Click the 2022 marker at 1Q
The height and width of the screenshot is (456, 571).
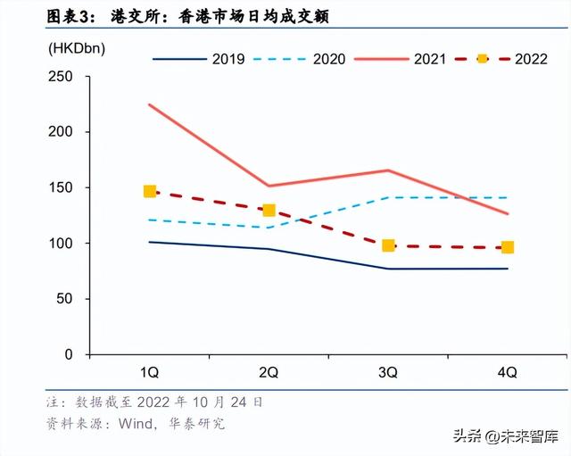tap(150, 192)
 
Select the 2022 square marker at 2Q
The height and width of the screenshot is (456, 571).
tap(269, 211)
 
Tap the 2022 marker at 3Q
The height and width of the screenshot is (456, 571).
tap(388, 245)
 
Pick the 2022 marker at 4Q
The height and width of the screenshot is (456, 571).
tap(508, 247)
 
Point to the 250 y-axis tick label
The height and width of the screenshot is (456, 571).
tap(61, 76)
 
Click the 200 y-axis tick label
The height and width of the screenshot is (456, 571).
tap(61, 132)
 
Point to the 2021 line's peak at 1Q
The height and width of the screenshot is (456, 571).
tap(150, 104)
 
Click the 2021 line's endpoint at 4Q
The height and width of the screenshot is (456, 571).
tap(508, 213)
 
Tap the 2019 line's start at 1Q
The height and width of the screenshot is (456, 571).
tap(150, 242)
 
